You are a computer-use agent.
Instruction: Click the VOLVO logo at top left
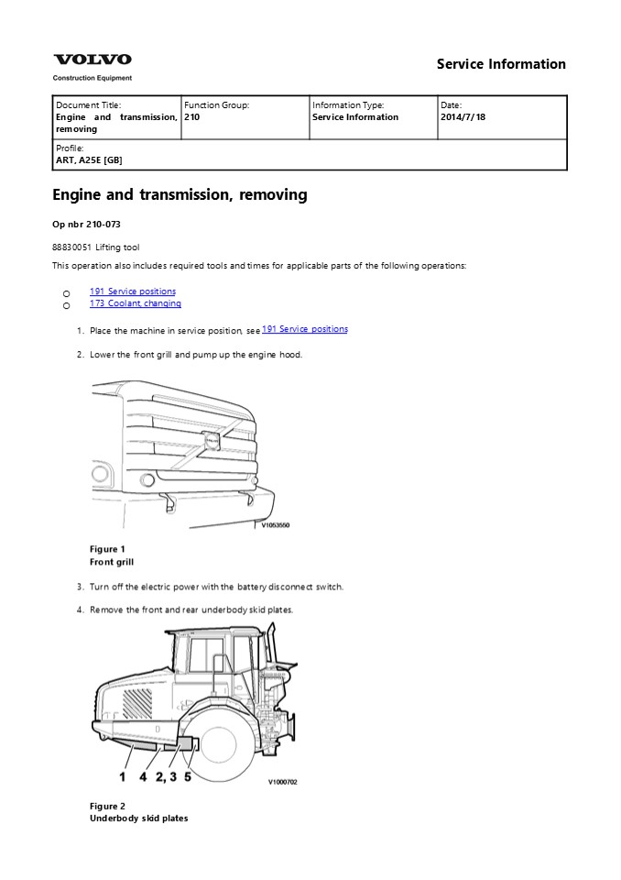pyautogui.click(x=92, y=60)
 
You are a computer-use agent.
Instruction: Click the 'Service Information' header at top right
pyautogui.click(x=501, y=64)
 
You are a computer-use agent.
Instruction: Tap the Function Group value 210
pyautogui.click(x=191, y=117)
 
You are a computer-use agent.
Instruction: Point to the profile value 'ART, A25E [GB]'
pyautogui.click(x=89, y=160)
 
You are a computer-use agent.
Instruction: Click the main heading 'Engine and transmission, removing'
pyautogui.click(x=180, y=194)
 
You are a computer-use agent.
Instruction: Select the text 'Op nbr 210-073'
pyautogui.click(x=86, y=225)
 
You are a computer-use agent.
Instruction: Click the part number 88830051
pyautogui.click(x=71, y=247)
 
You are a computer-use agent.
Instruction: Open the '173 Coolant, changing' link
pyautogui.click(x=135, y=303)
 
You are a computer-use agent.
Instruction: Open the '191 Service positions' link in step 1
pyautogui.click(x=304, y=329)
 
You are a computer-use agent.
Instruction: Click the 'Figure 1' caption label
pyautogui.click(x=107, y=549)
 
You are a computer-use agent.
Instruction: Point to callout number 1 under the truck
pyautogui.click(x=121, y=776)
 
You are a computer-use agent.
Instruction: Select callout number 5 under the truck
pyautogui.click(x=188, y=776)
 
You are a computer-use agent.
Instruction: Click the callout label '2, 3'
pyautogui.click(x=166, y=776)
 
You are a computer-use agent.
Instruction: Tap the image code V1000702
pyautogui.click(x=282, y=782)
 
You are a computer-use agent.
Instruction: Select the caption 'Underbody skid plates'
pyautogui.click(x=138, y=818)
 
